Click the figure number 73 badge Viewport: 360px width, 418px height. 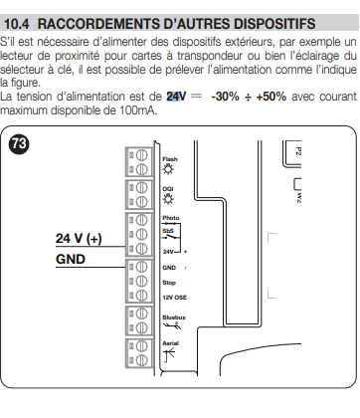[x=20, y=144]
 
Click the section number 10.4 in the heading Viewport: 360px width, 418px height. [x=17, y=24]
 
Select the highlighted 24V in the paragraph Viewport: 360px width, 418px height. [x=176, y=97]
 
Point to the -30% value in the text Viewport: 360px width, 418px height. [x=225, y=97]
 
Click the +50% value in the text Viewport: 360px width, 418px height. [x=271, y=97]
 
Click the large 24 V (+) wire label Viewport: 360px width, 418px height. [x=79, y=238]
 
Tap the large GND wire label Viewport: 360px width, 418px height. [x=71, y=259]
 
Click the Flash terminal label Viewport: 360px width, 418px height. [x=170, y=159]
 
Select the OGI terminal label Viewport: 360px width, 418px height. [x=168, y=189]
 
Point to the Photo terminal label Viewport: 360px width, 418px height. [x=171, y=218]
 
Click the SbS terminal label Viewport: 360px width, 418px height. [x=168, y=231]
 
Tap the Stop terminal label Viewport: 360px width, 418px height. [x=169, y=283]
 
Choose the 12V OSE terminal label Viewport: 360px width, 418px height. [x=175, y=298]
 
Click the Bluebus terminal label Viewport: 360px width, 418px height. [x=174, y=317]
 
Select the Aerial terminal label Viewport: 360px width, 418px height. [x=170, y=343]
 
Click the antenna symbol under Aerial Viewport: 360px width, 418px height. [x=169, y=355]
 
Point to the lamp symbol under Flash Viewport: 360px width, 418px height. [x=168, y=169]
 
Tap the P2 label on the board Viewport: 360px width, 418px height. [x=297, y=151]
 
